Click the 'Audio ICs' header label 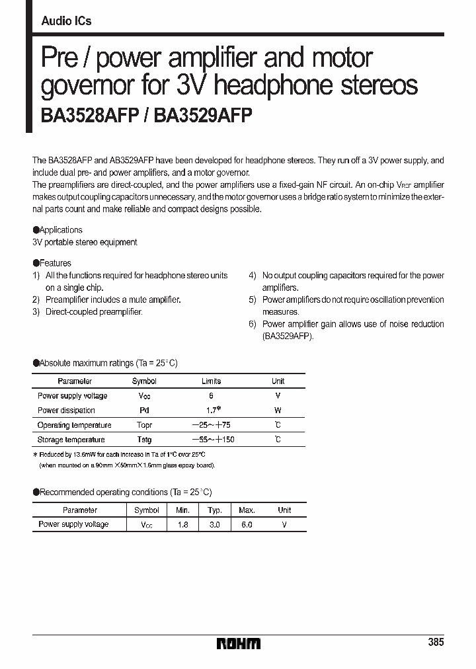[66, 21]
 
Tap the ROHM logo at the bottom [239, 643]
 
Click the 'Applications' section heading [60, 230]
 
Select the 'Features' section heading [55, 263]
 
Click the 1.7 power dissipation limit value [211, 410]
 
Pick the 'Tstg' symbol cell [144, 440]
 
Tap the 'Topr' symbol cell [144, 425]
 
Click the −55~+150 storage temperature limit [213, 440]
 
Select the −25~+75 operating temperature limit [211, 425]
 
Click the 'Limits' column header [211, 381]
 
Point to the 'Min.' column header [182, 510]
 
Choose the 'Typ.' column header [214, 510]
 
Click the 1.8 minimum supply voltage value [182, 524]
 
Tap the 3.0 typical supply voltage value [214, 524]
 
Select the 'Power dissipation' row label [66, 411]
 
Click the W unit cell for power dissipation [278, 411]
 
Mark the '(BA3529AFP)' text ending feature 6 [288, 336]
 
